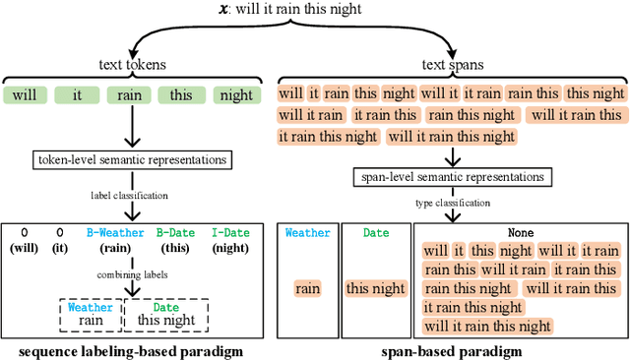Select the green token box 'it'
76,95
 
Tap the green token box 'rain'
130,95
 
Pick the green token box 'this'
181,95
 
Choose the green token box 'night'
234,95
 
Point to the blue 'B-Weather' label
116,233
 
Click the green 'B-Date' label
176,233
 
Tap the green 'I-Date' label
230,233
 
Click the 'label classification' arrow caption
117,196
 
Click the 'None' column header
521,233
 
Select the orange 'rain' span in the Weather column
308,288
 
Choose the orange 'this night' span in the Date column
376,288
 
